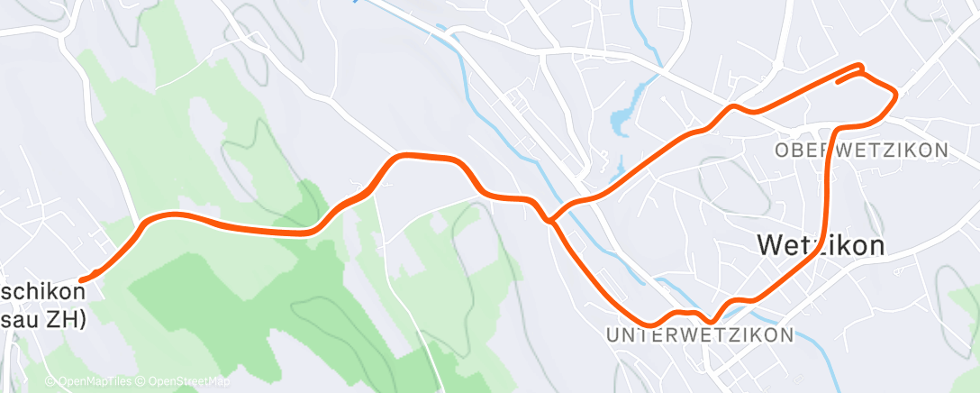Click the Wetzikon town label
[821, 245]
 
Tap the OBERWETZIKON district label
[862, 151]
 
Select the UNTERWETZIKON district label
[701, 335]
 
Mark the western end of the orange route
[83, 280]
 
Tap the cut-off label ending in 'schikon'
[42, 292]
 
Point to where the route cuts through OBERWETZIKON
[828, 151]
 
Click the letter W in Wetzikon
[771, 245]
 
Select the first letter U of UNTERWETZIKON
[613, 335]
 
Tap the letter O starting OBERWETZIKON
[781, 151]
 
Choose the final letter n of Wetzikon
[876, 245]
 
